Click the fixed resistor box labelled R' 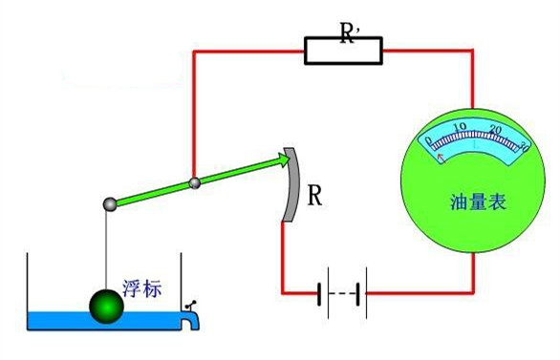(343, 51)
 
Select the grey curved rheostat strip (291, 185)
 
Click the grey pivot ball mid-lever (194, 182)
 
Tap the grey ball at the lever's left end (111, 203)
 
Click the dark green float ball (107, 307)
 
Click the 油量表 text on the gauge (475, 203)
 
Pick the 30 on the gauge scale (523, 145)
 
